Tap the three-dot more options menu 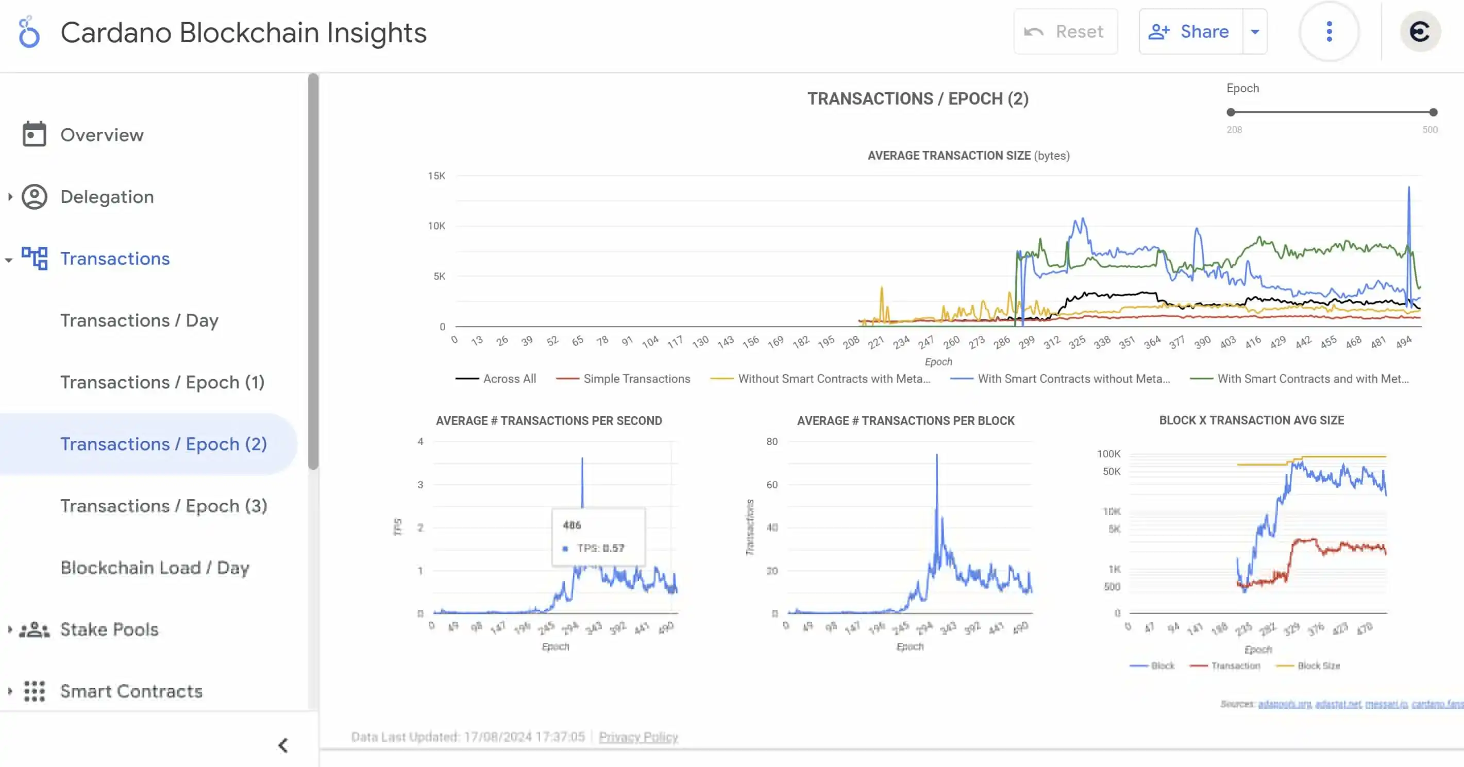coord(1329,31)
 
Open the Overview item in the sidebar coord(102,134)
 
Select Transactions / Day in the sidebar coord(139,320)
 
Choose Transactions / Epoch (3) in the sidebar coord(164,506)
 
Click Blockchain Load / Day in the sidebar coord(155,568)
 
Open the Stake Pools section coord(109,629)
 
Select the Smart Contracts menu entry coord(131,691)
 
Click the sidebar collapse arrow coord(283,745)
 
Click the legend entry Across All coord(509,379)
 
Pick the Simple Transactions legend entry coord(636,379)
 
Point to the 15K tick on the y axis coord(436,176)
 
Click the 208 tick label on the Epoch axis coord(851,342)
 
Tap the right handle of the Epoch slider coord(1433,112)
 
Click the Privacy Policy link coord(638,737)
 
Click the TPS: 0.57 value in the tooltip coord(600,548)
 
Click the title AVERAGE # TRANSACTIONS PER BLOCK coord(905,421)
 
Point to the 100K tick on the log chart coord(1108,454)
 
